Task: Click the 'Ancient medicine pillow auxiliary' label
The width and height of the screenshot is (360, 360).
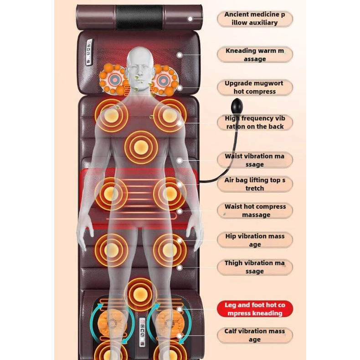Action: pos(255,19)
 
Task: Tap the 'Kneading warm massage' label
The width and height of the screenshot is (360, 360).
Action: pos(255,55)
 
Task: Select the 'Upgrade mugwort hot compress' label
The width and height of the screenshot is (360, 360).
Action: pos(255,87)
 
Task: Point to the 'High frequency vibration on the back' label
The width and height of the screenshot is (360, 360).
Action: pos(255,122)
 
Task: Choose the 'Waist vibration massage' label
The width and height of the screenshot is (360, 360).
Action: pos(255,160)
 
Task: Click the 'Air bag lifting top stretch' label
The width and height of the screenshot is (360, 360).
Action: pos(255,184)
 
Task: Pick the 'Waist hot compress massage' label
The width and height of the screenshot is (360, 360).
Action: pos(255,211)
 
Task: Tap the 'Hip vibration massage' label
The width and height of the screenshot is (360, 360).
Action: pos(255,240)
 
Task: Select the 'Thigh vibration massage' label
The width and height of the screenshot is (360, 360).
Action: pos(255,267)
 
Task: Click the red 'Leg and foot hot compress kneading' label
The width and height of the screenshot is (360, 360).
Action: pos(255,309)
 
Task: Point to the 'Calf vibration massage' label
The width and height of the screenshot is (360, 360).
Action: pos(255,335)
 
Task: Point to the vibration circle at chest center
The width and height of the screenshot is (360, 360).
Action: pos(141,147)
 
